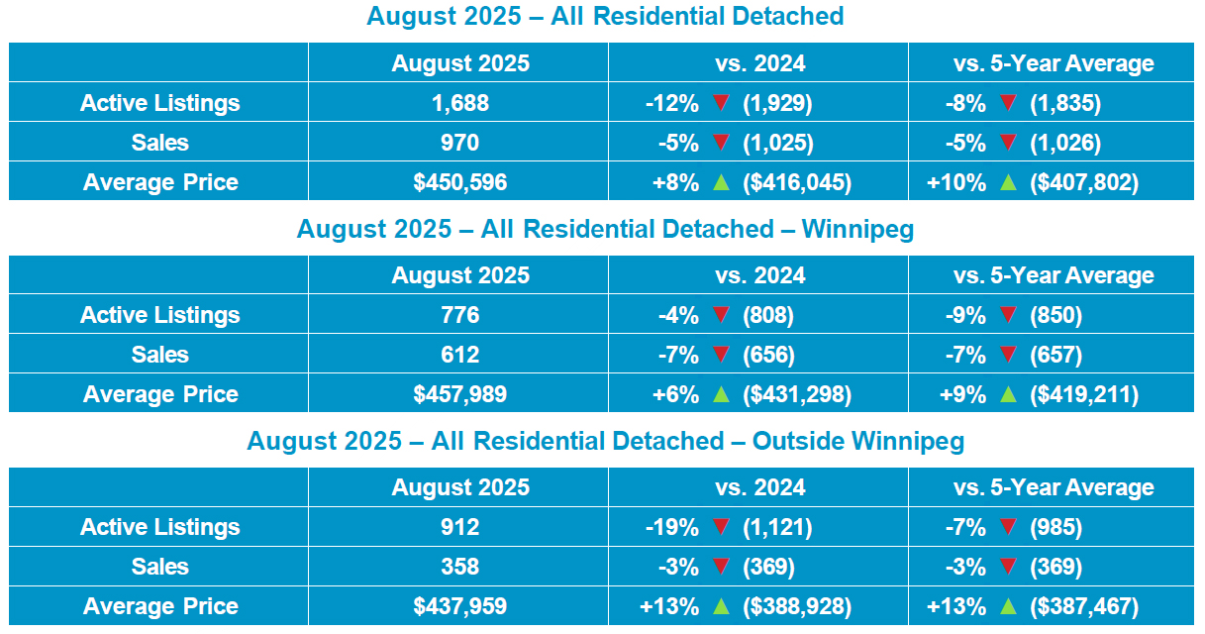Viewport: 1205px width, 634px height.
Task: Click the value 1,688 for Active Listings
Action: click(460, 103)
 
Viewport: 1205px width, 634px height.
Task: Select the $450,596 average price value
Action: click(460, 182)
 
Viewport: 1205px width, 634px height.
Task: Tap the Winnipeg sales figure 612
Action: click(460, 355)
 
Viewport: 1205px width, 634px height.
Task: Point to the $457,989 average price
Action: click(460, 394)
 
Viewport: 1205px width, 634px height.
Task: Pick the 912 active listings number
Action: click(460, 527)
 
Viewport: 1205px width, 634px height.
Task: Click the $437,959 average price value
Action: click(460, 606)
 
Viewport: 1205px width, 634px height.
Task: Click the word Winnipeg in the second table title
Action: click(856, 229)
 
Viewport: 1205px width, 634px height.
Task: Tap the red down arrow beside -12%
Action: click(721, 103)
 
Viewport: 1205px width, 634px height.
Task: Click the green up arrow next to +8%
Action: click(721, 181)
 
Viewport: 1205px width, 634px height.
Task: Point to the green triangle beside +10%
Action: click(1008, 181)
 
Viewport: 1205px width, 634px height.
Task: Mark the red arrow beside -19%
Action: click(721, 527)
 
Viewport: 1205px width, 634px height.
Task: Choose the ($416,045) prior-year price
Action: click(797, 182)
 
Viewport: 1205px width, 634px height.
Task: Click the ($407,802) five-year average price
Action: click(1084, 182)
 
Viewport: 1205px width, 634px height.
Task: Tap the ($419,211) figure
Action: click(1084, 394)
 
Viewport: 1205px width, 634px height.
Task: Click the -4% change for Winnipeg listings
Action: click(678, 315)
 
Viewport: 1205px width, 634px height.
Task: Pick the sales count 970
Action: click(460, 143)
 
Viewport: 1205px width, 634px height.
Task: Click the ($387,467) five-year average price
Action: click(1084, 606)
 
